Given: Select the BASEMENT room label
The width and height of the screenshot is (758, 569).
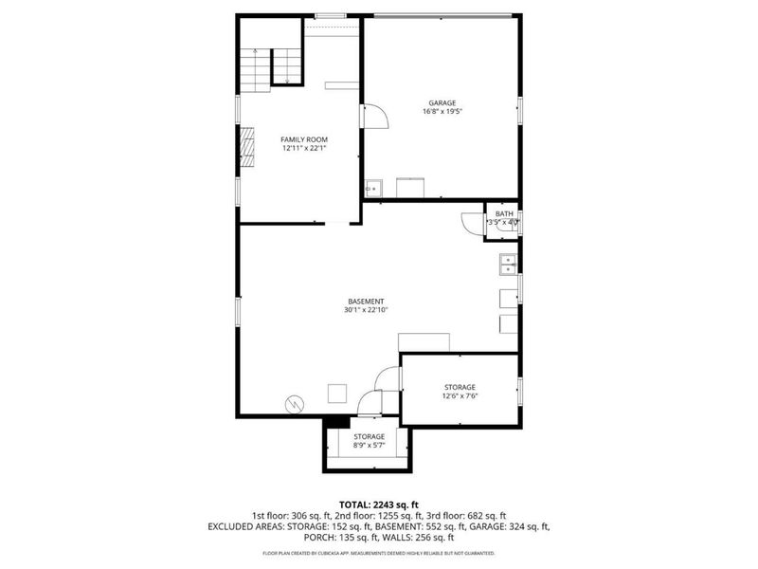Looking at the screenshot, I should [367, 301].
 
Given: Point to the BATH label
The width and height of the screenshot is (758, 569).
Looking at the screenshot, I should [502, 214].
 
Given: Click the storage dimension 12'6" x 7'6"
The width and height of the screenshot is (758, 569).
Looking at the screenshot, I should [460, 396].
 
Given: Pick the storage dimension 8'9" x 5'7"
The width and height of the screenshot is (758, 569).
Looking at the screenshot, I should [370, 446].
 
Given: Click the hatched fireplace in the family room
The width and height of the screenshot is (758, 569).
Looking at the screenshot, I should [247, 146].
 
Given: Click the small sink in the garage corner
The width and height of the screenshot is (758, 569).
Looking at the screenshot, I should [373, 188].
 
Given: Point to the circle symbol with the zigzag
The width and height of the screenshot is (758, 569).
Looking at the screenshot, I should [295, 403].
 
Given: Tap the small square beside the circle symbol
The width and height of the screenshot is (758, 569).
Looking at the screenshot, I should [337, 393].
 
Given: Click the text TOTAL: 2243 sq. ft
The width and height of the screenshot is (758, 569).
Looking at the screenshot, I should [378, 504].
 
